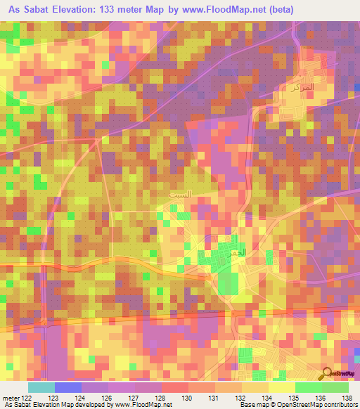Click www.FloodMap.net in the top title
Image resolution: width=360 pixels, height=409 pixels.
pyautogui.click(x=217, y=10)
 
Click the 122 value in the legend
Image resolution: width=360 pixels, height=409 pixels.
pyautogui.click(x=26, y=398)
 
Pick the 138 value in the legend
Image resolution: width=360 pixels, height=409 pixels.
pyautogui.click(x=347, y=398)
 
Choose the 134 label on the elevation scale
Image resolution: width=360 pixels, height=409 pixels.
pyautogui.click(x=268, y=398)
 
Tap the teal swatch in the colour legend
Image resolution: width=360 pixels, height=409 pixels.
pyautogui.click(x=41, y=387)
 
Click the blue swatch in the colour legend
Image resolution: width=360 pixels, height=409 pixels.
pyautogui.click(x=68, y=387)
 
